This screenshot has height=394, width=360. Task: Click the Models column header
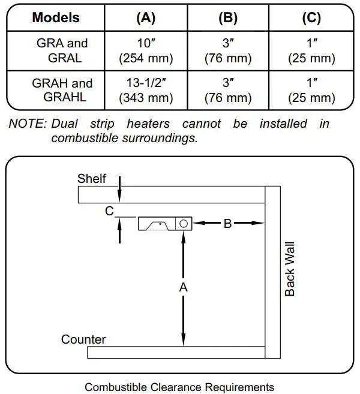point(56,17)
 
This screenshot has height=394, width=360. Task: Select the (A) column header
point(146,17)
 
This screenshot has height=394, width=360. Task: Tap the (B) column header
point(228,17)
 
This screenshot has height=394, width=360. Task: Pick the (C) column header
point(311,17)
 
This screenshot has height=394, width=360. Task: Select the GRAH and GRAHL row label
point(62,90)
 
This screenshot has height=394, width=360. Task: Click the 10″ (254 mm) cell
point(146,51)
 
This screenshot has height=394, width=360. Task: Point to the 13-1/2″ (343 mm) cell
point(146,90)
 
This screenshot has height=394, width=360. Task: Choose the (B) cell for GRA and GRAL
point(228,51)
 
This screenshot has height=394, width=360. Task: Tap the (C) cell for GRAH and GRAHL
point(311,90)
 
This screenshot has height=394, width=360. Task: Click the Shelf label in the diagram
point(92,179)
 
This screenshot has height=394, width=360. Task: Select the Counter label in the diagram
point(83,339)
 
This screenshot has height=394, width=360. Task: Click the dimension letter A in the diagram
point(184,287)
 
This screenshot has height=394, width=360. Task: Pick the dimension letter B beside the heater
point(227,224)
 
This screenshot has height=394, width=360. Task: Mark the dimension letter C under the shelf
point(109,211)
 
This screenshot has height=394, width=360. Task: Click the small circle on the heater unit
point(184,223)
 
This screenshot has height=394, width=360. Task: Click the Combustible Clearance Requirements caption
point(179,387)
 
